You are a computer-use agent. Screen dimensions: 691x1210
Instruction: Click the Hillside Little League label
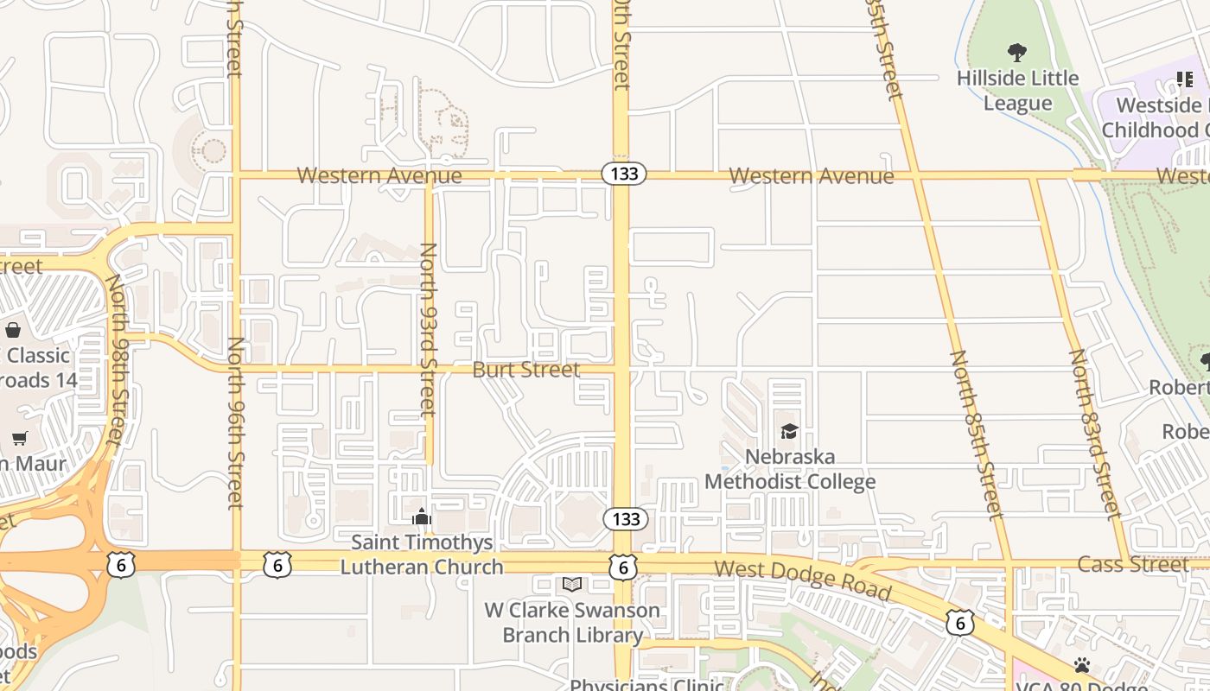[x=1017, y=91]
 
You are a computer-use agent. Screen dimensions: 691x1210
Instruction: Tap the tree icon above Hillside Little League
[x=1017, y=53]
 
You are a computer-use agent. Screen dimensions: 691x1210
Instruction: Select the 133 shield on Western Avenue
[x=623, y=174]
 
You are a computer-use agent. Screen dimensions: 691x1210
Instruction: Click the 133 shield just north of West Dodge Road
[x=623, y=518]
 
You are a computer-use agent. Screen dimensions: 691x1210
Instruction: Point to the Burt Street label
[x=525, y=370]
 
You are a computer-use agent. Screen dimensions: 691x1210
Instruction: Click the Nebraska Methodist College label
[x=790, y=469]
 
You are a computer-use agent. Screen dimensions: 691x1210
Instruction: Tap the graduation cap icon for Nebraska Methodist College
[x=788, y=431]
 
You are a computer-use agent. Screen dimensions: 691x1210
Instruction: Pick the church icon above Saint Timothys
[x=422, y=517]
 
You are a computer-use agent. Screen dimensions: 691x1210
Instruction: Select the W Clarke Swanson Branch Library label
[x=572, y=622]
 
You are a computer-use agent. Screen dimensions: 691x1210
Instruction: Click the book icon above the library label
[x=571, y=585]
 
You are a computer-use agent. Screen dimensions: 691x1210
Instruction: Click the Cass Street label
[x=1132, y=564]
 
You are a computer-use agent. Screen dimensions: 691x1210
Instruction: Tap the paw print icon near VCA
[x=1081, y=664]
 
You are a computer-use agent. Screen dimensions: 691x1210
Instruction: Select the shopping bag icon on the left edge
[x=13, y=330]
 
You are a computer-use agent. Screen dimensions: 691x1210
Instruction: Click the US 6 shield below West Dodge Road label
[x=959, y=622]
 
